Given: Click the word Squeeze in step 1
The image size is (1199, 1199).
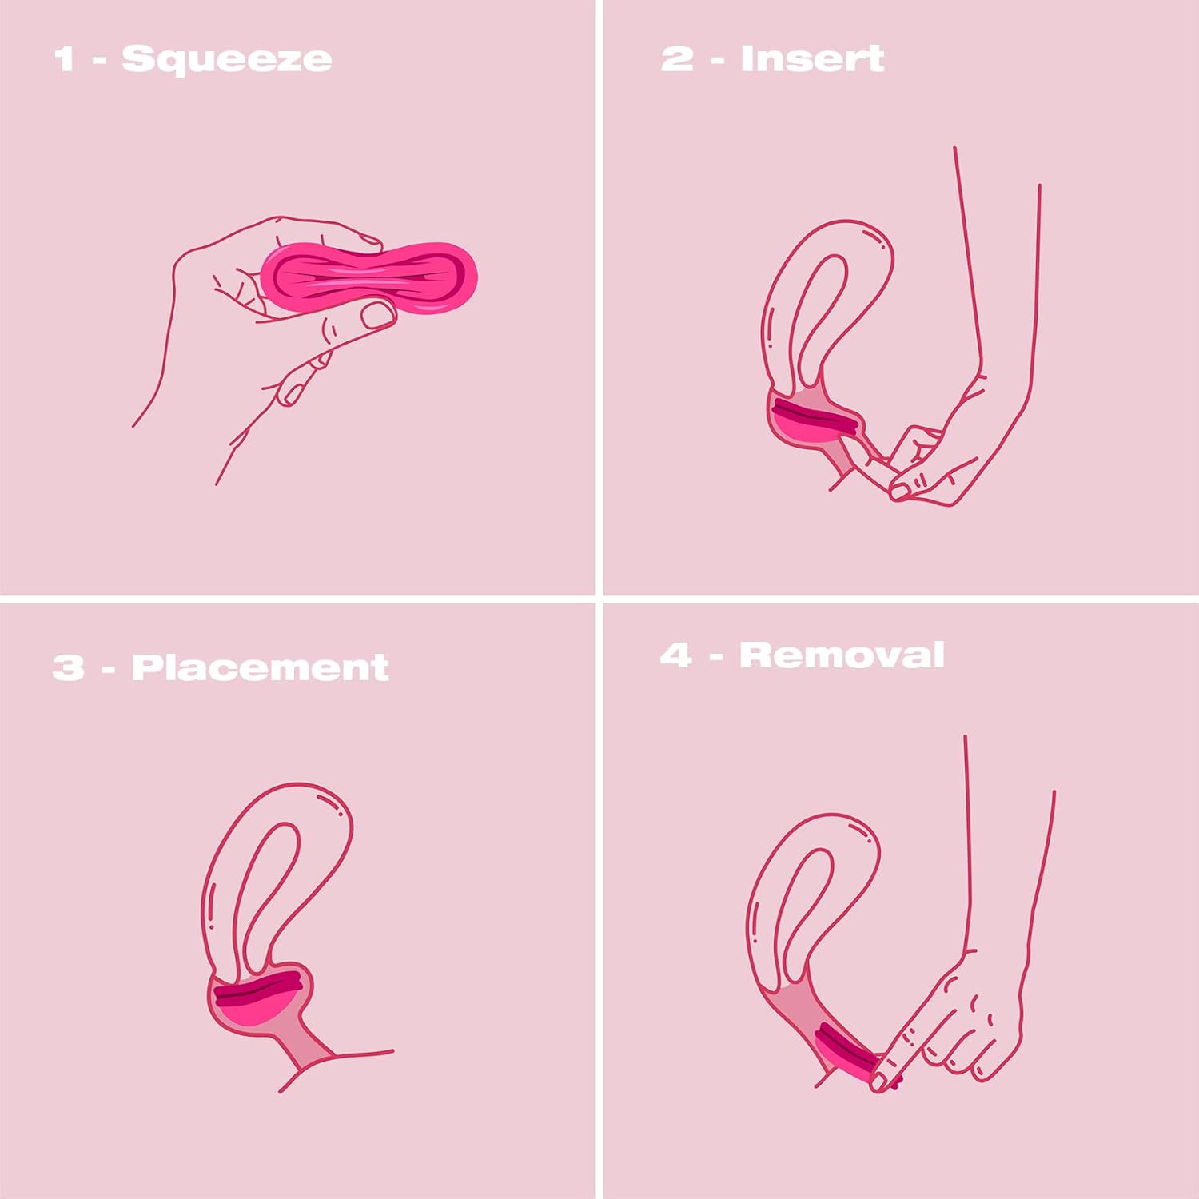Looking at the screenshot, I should [x=226, y=59].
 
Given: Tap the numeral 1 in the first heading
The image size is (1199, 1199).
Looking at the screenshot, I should [x=64, y=59].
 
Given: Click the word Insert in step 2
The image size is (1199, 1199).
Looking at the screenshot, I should [x=812, y=58].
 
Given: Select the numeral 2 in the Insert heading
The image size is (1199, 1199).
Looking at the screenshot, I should [x=677, y=58].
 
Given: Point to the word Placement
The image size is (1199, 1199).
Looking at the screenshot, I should [x=260, y=667].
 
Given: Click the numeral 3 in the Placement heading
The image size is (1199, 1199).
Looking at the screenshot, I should [x=68, y=667].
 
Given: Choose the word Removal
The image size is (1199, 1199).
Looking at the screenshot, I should [x=842, y=655].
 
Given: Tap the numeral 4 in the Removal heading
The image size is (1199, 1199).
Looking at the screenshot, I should [x=676, y=655].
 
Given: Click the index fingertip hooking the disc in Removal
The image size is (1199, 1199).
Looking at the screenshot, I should [x=879, y=1081].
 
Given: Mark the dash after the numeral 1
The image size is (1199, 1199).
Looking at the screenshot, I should [x=99, y=60].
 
